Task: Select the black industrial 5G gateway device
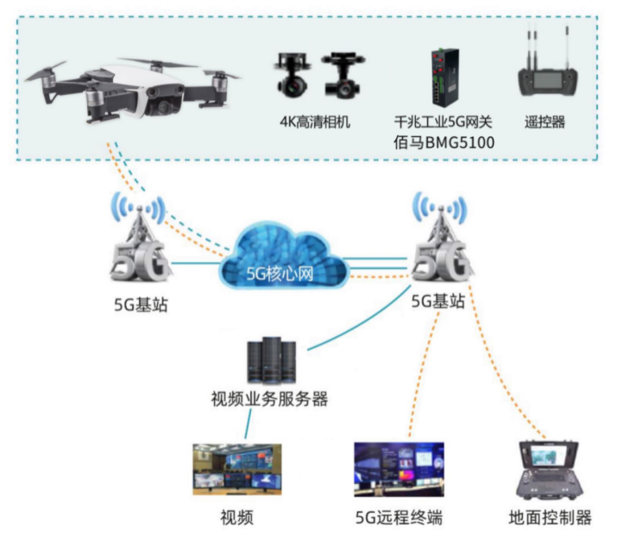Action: pyautogui.click(x=444, y=78)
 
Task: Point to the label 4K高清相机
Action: pyautogui.click(x=314, y=122)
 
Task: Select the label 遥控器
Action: pyautogui.click(x=545, y=122)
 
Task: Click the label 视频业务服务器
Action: pyautogui.click(x=269, y=399)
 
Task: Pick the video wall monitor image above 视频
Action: pyautogui.click(x=237, y=470)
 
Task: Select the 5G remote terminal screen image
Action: pyautogui.click(x=399, y=470)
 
